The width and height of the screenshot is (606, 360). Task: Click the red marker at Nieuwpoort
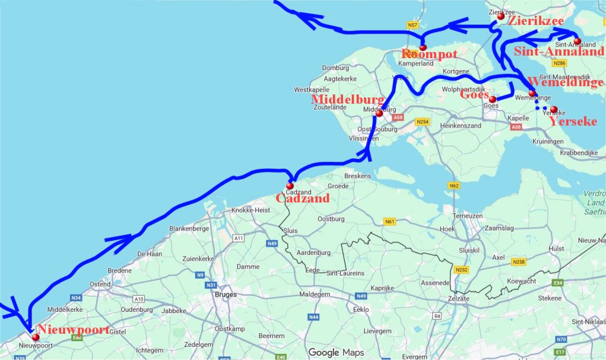tap(27, 337)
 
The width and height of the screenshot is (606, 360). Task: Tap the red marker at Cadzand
tap(290, 186)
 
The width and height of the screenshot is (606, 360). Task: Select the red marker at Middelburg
tap(379, 114)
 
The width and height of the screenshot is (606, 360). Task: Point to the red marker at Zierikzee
tap(500, 16)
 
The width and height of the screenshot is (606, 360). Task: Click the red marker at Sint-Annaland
tap(577, 41)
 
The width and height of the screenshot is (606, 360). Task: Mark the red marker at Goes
tap(492, 99)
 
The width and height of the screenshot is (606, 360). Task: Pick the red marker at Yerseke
tap(554, 109)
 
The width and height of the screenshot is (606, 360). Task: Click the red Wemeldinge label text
tap(566, 82)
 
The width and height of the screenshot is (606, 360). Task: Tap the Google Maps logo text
tap(336, 352)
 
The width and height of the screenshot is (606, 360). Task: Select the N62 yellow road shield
tap(454, 186)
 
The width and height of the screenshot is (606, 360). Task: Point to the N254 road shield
tap(424, 121)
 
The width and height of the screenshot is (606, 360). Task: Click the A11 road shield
tap(238, 238)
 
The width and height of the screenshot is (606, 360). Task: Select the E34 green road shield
tap(558, 283)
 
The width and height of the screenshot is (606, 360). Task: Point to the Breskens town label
tap(357, 176)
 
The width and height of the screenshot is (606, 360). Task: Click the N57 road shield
tap(412, 25)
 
